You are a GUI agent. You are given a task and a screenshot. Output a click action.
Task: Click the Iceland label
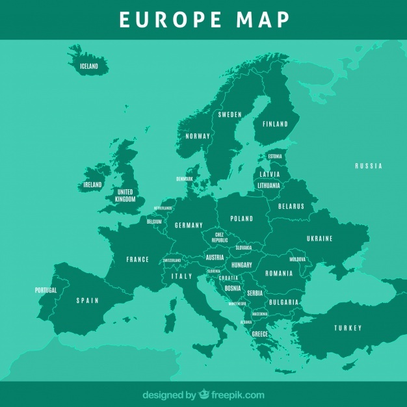point(88,66)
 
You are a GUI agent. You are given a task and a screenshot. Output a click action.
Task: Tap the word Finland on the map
point(274,124)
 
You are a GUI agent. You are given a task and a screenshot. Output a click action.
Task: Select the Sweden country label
point(230,114)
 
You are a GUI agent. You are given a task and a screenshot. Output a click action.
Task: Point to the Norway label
point(198,136)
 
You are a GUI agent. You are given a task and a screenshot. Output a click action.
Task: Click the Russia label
point(369,166)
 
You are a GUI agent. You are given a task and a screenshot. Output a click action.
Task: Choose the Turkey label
point(348,328)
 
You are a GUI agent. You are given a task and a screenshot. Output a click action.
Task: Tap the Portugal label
point(46,290)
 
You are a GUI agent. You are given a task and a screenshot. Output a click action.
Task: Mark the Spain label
point(88,300)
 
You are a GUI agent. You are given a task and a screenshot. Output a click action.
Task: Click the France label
point(138,259)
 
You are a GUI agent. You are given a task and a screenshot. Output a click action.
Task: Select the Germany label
point(189,226)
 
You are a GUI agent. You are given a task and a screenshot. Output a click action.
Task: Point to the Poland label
point(242,218)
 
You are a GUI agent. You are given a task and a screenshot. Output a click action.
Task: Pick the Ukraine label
point(319,239)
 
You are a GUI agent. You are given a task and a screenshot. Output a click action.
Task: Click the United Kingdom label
point(125,196)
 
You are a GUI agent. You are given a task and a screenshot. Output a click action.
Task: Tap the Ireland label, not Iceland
point(92,185)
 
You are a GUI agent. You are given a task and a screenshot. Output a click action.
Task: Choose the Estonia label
point(275,156)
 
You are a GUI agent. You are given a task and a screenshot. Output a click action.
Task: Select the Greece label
point(260,334)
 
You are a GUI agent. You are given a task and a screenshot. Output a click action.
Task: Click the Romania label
point(280,273)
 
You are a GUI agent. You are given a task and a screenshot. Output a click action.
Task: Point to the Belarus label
point(291,206)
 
